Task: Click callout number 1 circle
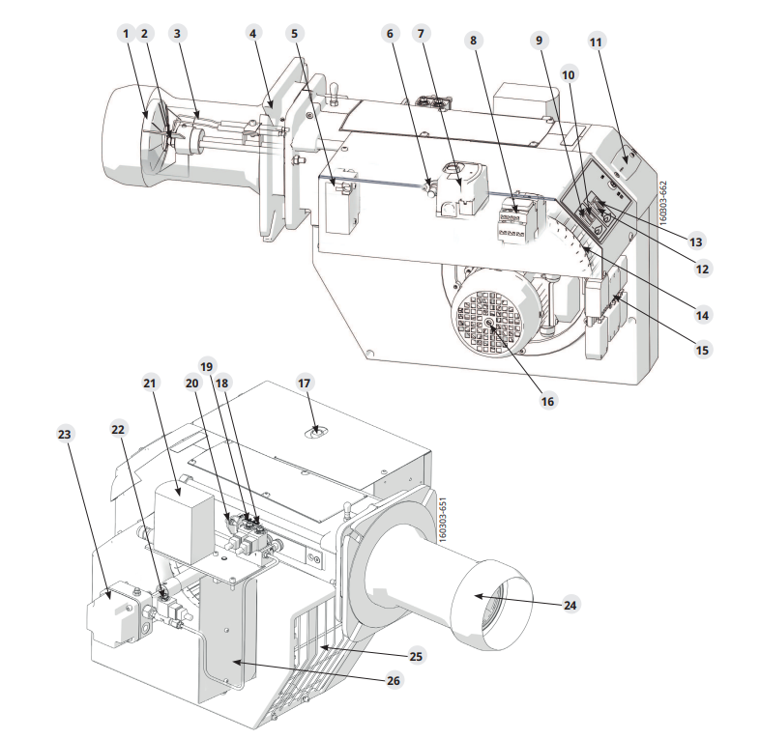(x=127, y=34)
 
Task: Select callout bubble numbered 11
(x=596, y=43)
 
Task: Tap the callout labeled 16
(x=546, y=401)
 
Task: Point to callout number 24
(x=570, y=605)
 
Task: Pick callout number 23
(x=65, y=434)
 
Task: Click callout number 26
(x=394, y=680)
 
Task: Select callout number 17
(x=304, y=384)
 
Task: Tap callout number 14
(x=702, y=316)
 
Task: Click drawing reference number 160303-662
(x=663, y=203)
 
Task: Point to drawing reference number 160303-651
(x=442, y=520)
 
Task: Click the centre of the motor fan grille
(x=489, y=324)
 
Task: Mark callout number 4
(x=252, y=34)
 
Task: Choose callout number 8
(x=473, y=40)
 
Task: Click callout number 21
(x=150, y=384)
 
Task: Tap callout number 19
(x=207, y=366)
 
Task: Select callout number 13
(x=695, y=242)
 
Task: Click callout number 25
(x=416, y=656)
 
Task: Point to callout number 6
(x=391, y=34)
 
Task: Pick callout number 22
(x=118, y=430)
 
